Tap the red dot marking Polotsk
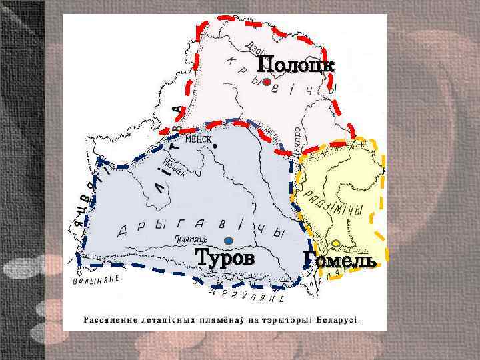[x=266, y=83]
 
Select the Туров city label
[x=225, y=257]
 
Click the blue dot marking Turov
[x=229, y=241]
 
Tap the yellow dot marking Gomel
[x=337, y=243]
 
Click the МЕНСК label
[x=198, y=139]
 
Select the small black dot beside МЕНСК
[x=215, y=144]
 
